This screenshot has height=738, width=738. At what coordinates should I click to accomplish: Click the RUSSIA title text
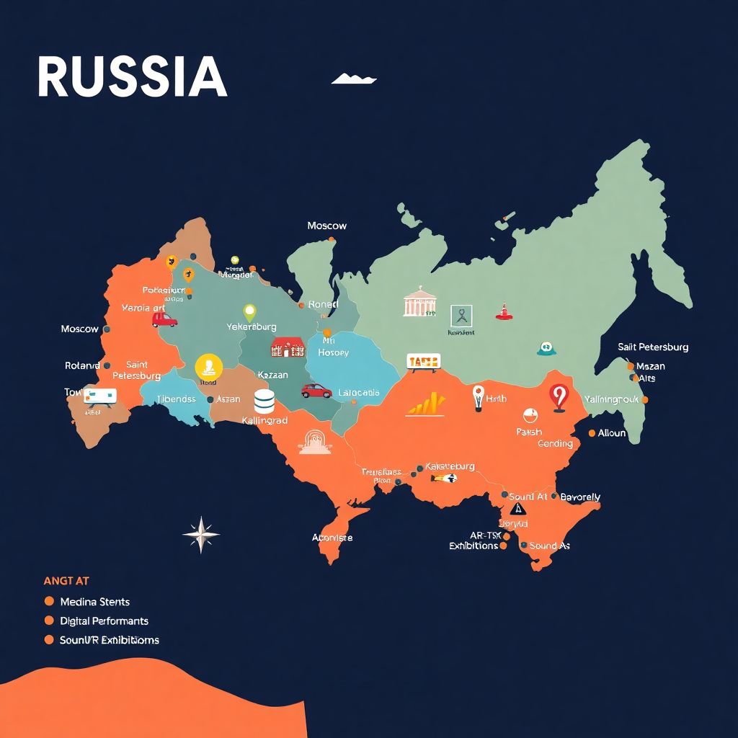[x=132, y=77]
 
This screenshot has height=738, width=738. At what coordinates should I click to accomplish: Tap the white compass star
[x=201, y=534]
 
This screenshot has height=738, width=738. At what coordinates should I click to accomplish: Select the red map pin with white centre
[x=559, y=397]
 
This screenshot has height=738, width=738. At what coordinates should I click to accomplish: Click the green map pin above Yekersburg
[x=249, y=313]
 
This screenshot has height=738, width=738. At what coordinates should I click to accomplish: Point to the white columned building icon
[x=419, y=302]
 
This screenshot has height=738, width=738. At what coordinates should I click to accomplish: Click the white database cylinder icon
[x=264, y=401]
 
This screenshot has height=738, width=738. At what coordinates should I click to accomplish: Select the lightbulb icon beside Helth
[x=477, y=397]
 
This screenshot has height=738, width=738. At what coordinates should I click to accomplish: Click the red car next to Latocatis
[x=316, y=391]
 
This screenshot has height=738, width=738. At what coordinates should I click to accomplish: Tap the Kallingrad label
[x=264, y=420]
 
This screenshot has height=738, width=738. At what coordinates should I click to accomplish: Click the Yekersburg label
[x=251, y=326]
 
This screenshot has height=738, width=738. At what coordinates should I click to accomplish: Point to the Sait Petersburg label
[x=653, y=347]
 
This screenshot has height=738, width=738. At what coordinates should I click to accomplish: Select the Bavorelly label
[x=579, y=497]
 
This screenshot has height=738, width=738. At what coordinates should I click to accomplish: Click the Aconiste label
[x=332, y=538]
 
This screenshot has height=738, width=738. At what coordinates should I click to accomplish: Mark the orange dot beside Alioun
[x=592, y=433]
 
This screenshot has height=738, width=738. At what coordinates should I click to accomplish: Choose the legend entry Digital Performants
[x=104, y=621]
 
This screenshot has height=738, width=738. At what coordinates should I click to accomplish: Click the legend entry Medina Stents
[x=94, y=601]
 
